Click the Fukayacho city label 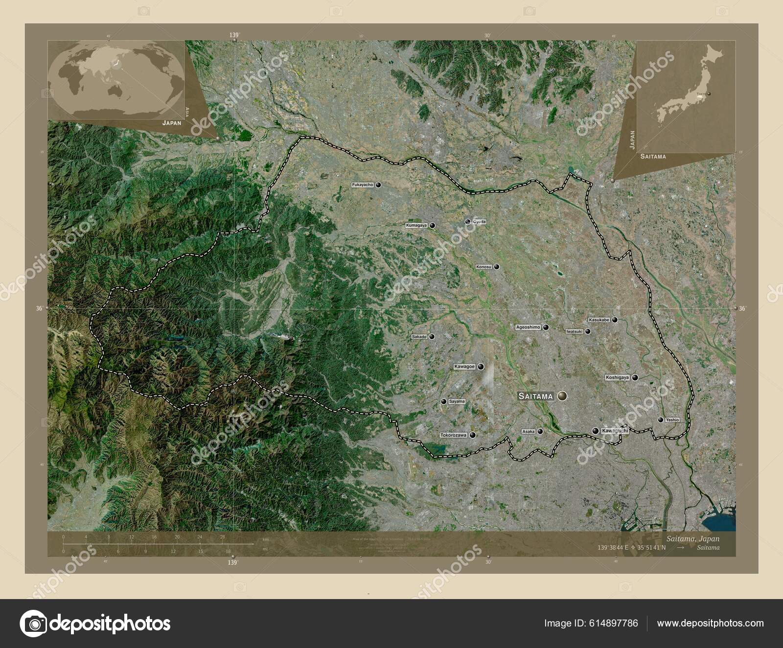pyautogui.click(x=363, y=185)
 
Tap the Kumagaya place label pyautogui.click(x=416, y=226)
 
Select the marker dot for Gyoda pyautogui.click(x=468, y=222)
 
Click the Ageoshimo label pyautogui.click(x=528, y=327)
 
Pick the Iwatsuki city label pyautogui.click(x=575, y=331)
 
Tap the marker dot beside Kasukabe pyautogui.click(x=615, y=320)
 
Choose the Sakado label pyautogui.click(x=419, y=337)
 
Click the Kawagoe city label pyautogui.click(x=464, y=367)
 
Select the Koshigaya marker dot pyautogui.click(x=635, y=377)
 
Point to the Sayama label pyautogui.click(x=457, y=401)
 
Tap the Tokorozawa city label pyautogui.click(x=454, y=435)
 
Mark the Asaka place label pyautogui.click(x=529, y=432)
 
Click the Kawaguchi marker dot pyautogui.click(x=595, y=431)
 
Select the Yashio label pyautogui.click(x=672, y=420)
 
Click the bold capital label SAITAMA pyautogui.click(x=535, y=396)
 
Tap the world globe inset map pyautogui.click(x=116, y=80)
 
